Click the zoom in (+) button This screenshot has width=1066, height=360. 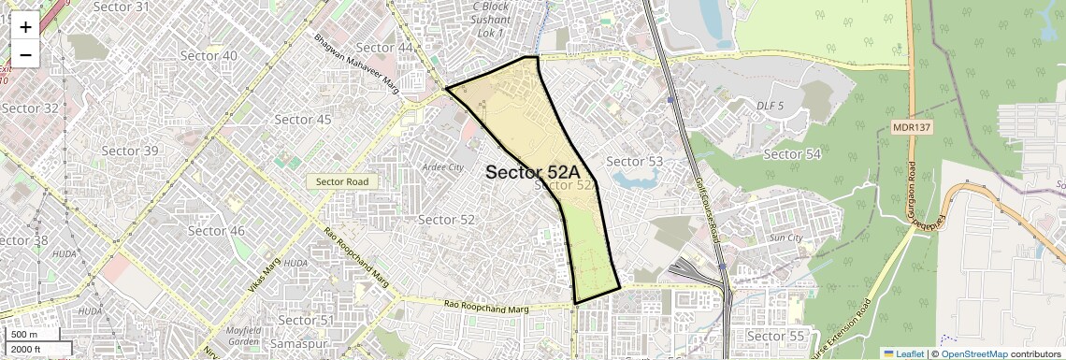click(x=25, y=27)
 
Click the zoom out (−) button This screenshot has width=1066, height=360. click(x=25, y=54)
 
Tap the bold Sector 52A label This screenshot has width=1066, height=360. click(x=533, y=172)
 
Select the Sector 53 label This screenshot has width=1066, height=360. click(x=634, y=162)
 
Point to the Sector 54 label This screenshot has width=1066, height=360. click(x=792, y=154)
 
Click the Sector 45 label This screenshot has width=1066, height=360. click(x=303, y=120)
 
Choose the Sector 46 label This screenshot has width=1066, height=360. click(x=216, y=231)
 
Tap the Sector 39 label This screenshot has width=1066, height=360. click(x=130, y=151)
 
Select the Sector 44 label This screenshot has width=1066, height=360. click(x=384, y=48)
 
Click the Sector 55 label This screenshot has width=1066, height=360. click(x=775, y=336)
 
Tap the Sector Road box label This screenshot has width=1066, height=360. click(x=342, y=182)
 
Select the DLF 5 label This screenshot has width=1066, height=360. click(x=770, y=106)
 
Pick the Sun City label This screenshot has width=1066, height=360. click(x=785, y=238)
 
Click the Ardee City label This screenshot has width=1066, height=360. click(x=442, y=167)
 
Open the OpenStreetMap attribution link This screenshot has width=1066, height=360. click(x=973, y=353)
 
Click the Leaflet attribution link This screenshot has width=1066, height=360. click(x=902, y=353)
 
